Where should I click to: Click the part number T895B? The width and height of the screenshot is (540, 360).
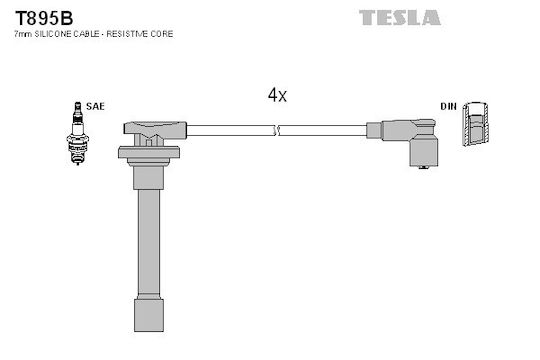(44, 18)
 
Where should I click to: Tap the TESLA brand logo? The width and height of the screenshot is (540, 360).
(400, 18)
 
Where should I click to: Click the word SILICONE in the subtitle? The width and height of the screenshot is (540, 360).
(49, 34)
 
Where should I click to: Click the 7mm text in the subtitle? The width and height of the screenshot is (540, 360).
(23, 34)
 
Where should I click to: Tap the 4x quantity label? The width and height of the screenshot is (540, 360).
(277, 94)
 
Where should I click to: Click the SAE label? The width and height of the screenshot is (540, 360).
(95, 106)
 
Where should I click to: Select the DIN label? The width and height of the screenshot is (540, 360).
(449, 106)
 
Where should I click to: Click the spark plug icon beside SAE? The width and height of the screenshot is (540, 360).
(78, 133)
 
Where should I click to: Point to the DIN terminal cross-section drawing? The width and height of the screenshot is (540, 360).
(475, 124)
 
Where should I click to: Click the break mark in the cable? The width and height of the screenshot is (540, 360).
(277, 131)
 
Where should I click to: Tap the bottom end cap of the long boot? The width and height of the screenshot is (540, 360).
(149, 316)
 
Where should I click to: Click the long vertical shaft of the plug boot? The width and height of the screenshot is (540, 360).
(149, 243)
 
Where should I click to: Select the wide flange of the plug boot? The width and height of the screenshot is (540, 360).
(149, 152)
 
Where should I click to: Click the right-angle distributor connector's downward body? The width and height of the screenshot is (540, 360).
(424, 151)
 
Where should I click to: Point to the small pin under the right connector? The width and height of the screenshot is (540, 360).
(424, 168)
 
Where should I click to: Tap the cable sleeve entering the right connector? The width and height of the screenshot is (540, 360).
(374, 131)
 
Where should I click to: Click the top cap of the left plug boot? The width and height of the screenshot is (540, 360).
(155, 129)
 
